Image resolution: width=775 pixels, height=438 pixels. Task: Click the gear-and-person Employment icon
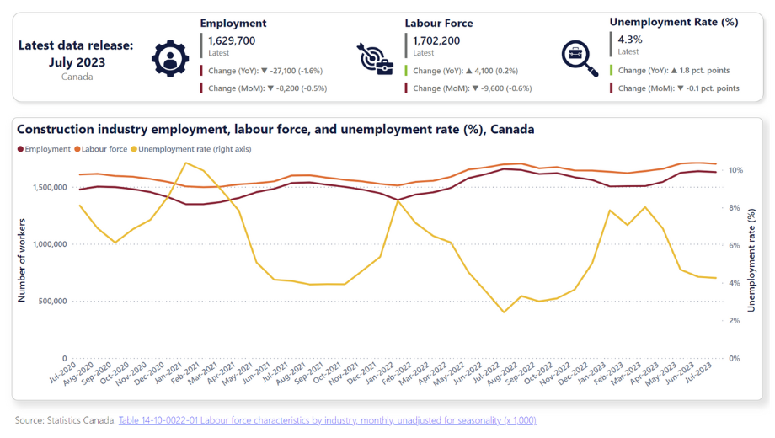[x=170, y=58]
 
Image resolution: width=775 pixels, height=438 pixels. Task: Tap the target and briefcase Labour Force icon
[x=375, y=59]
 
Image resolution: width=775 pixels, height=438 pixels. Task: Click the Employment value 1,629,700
[x=232, y=40]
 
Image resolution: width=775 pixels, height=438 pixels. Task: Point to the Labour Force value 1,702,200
[x=436, y=40]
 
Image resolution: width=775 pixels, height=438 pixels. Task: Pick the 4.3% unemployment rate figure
[x=630, y=39]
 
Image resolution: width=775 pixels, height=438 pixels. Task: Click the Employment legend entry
[x=44, y=149]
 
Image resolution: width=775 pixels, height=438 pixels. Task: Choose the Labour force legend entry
[x=101, y=149]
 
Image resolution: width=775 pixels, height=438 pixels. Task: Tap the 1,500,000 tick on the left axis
[x=50, y=187]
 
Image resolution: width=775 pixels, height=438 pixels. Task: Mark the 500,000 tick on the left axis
[x=52, y=301]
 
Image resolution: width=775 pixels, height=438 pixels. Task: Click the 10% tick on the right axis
[x=736, y=170]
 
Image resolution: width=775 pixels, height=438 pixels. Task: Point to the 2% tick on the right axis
[x=735, y=321]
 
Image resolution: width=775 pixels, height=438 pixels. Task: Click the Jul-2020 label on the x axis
[x=63, y=373]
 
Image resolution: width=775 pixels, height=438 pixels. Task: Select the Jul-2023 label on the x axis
[x=697, y=373]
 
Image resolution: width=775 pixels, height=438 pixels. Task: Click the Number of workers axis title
[x=22, y=260]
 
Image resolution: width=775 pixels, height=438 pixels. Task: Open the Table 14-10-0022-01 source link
[x=327, y=420]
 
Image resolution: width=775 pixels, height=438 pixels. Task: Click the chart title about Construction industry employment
[x=275, y=130]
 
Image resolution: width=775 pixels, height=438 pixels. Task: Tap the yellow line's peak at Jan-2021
[x=185, y=163]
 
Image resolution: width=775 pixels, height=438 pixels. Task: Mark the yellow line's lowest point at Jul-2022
[x=504, y=312]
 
